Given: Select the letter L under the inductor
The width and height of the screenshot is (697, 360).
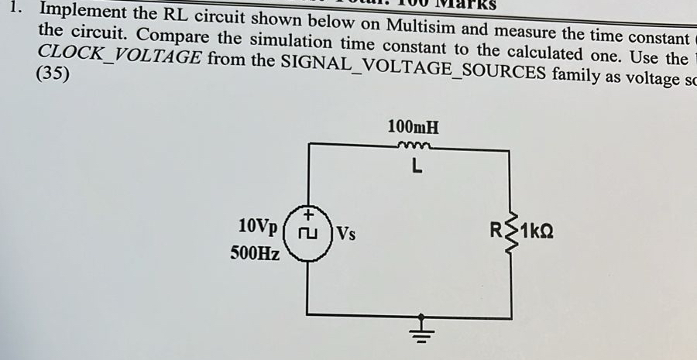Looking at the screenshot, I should tap(416, 166).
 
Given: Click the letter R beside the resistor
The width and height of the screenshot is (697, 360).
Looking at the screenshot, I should tap(495, 231).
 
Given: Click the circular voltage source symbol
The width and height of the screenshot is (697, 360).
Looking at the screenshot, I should tap(308, 233).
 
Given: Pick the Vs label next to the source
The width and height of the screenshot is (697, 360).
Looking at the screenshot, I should tap(345, 232).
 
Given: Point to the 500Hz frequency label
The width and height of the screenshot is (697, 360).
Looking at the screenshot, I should tap(255, 252).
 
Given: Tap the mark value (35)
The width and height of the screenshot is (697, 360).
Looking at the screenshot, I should tap(53, 76).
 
